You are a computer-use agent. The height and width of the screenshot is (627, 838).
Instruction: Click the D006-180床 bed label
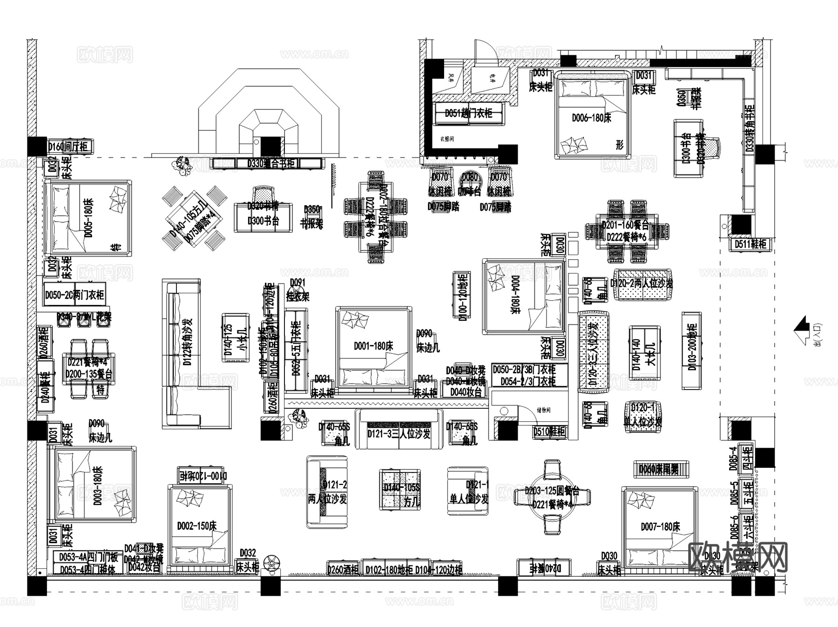click(591, 118)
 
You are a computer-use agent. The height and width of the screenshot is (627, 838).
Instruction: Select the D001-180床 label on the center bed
click(373, 346)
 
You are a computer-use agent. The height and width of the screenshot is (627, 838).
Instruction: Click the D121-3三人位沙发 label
click(399, 434)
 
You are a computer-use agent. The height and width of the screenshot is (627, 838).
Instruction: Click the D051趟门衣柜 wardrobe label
click(468, 113)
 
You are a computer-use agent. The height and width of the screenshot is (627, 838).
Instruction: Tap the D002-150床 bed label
click(197, 526)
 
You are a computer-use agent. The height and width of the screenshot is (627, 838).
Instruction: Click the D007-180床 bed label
click(660, 526)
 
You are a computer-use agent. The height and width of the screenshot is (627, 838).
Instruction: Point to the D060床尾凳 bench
click(658, 469)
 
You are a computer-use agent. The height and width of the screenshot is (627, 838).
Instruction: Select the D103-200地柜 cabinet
click(691, 350)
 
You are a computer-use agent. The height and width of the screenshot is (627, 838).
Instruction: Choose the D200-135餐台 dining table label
click(88, 374)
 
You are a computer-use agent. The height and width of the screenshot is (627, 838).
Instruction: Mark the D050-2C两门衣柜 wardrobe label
click(74, 295)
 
